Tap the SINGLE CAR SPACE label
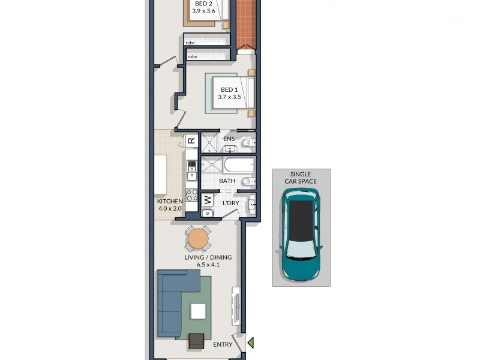coord(301,177)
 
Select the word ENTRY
coord(223,345)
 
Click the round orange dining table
coord(198,239)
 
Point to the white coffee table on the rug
coord(198,311)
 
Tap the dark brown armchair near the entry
coord(196,341)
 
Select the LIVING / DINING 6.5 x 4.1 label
coord(208,262)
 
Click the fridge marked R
coord(191,140)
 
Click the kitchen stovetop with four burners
coord(191,195)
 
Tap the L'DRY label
coord(231,204)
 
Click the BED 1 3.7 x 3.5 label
coord(229,93)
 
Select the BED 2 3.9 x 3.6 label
coord(203,7)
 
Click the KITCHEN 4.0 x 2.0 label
coord(170,205)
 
